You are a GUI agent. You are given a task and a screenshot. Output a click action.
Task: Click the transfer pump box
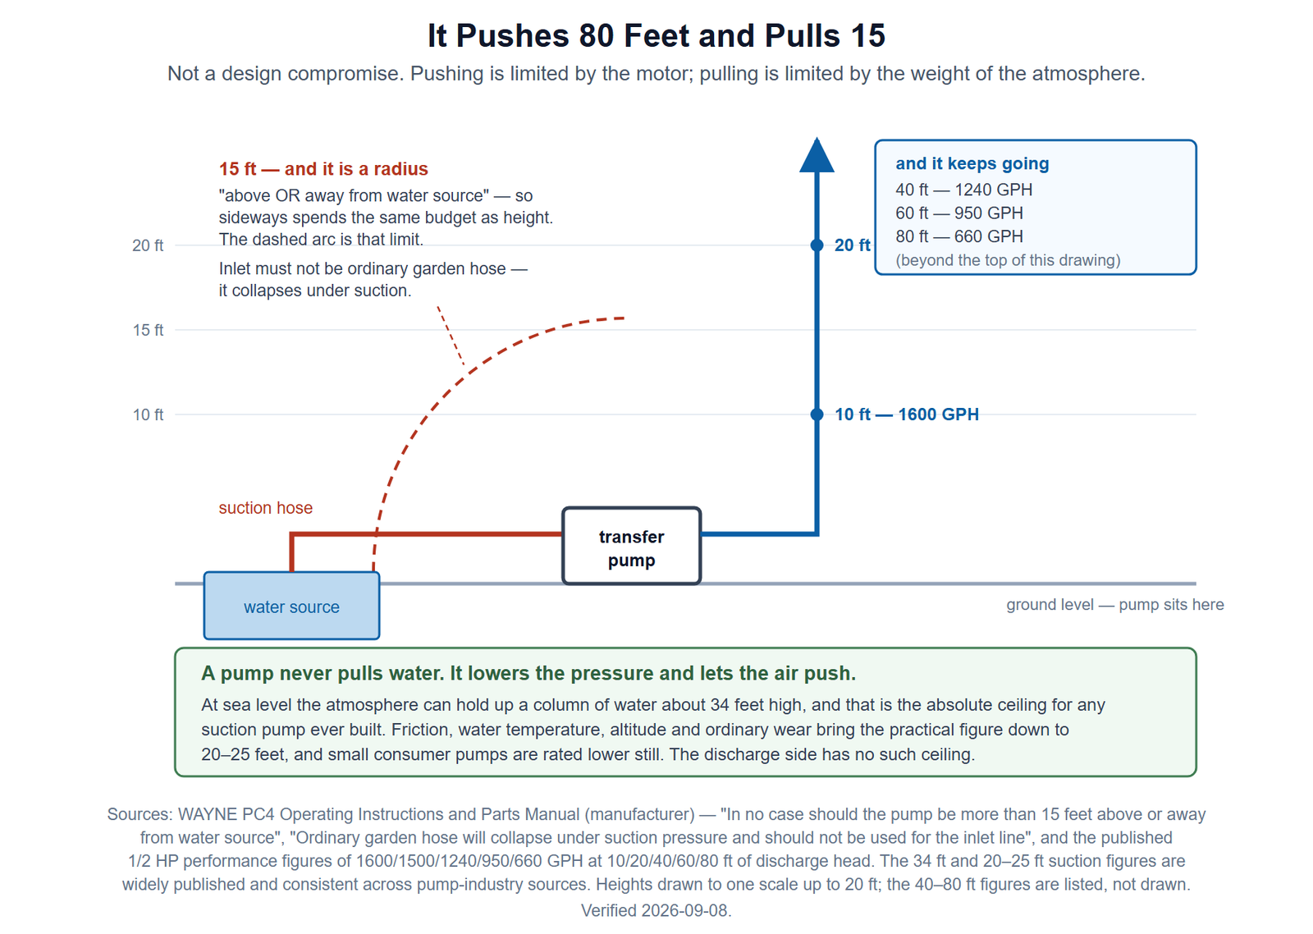pos(631,546)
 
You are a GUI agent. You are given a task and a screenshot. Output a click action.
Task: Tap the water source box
pos(291,606)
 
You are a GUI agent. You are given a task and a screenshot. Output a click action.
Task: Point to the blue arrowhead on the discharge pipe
pos(817,155)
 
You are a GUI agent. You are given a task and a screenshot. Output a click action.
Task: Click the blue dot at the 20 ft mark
pos(817,245)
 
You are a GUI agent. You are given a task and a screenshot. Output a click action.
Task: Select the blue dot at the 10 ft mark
pos(817,414)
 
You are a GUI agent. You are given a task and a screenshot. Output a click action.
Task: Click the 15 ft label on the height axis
pos(148,330)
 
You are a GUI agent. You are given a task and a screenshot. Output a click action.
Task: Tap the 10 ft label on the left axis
pos(148,414)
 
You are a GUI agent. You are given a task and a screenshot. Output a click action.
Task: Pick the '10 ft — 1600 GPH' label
pos(906,414)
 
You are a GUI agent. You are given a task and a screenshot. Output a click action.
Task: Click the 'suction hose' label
pos(266,508)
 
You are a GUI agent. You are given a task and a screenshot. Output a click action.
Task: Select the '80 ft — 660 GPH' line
pos(959,236)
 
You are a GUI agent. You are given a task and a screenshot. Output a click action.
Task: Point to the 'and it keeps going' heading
pos(972,163)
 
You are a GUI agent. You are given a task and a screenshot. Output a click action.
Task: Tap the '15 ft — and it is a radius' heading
pos(323,169)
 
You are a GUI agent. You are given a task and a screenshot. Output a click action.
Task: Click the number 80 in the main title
pos(597,36)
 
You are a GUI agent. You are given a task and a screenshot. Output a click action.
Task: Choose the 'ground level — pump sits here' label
pos(1115,605)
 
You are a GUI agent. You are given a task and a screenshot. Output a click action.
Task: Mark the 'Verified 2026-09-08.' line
pos(656,910)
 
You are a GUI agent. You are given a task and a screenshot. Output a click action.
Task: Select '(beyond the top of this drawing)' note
pos(1008,260)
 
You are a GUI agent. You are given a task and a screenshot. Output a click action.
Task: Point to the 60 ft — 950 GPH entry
pos(959,213)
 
